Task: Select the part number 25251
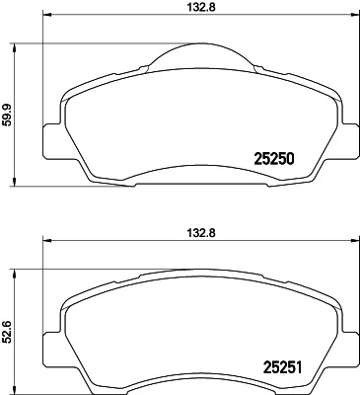click(x=278, y=368)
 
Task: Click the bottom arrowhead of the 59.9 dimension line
click(x=15, y=185)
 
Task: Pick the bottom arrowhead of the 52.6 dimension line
click(x=15, y=389)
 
